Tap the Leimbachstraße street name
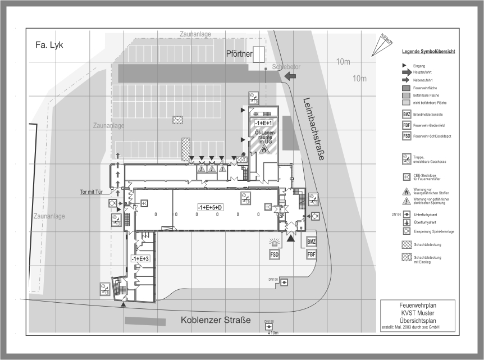(313, 129)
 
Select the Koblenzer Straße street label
(216, 321)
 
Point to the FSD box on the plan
(275, 254)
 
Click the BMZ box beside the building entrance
(312, 241)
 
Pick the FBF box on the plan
(312, 254)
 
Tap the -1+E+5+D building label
(210, 207)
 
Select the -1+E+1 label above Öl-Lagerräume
(263, 123)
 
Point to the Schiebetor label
(286, 67)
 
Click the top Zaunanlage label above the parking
(195, 35)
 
